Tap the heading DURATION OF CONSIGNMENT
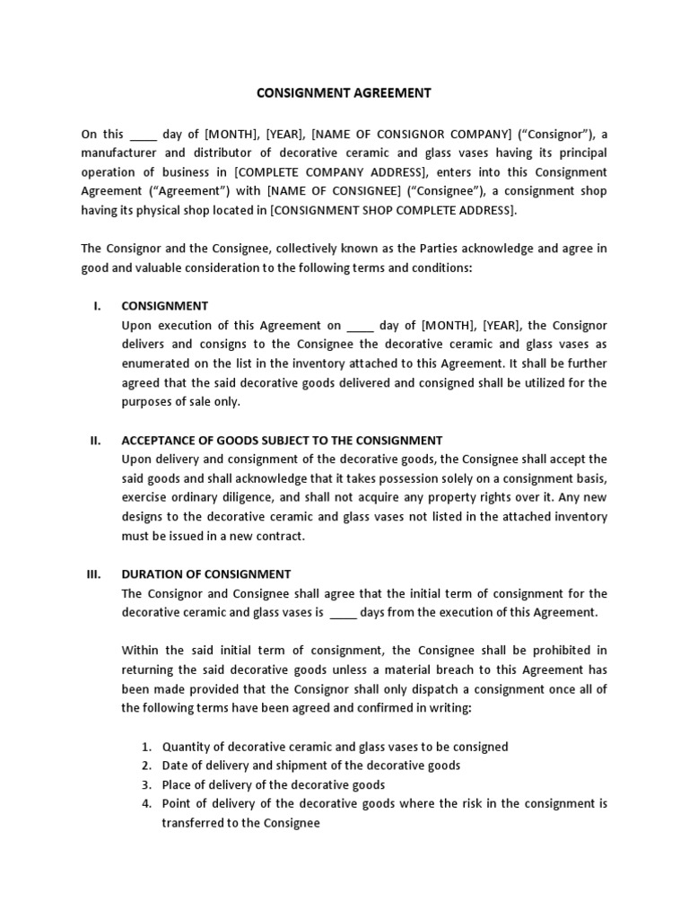point(206,573)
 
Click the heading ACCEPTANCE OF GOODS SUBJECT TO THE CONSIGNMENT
point(282,440)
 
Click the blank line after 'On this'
point(144,135)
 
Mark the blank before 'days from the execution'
point(344,612)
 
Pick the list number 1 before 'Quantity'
point(147,747)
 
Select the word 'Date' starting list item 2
point(175,766)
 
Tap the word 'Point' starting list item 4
point(177,803)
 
